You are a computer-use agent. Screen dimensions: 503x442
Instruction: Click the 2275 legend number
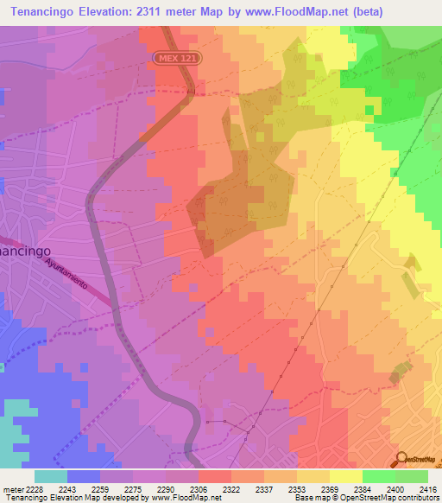pyautogui.click(x=135, y=489)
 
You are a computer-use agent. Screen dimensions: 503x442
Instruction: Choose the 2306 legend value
pyautogui.click(x=199, y=489)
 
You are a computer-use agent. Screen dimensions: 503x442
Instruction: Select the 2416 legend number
pyautogui.click(x=426, y=489)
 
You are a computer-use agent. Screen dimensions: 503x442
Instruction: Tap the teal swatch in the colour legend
pyautogui.click(x=51, y=476)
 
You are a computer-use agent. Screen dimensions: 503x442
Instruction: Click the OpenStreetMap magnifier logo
pyautogui.click(x=402, y=459)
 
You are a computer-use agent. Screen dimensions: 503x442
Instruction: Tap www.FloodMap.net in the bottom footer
pyautogui.click(x=184, y=499)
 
